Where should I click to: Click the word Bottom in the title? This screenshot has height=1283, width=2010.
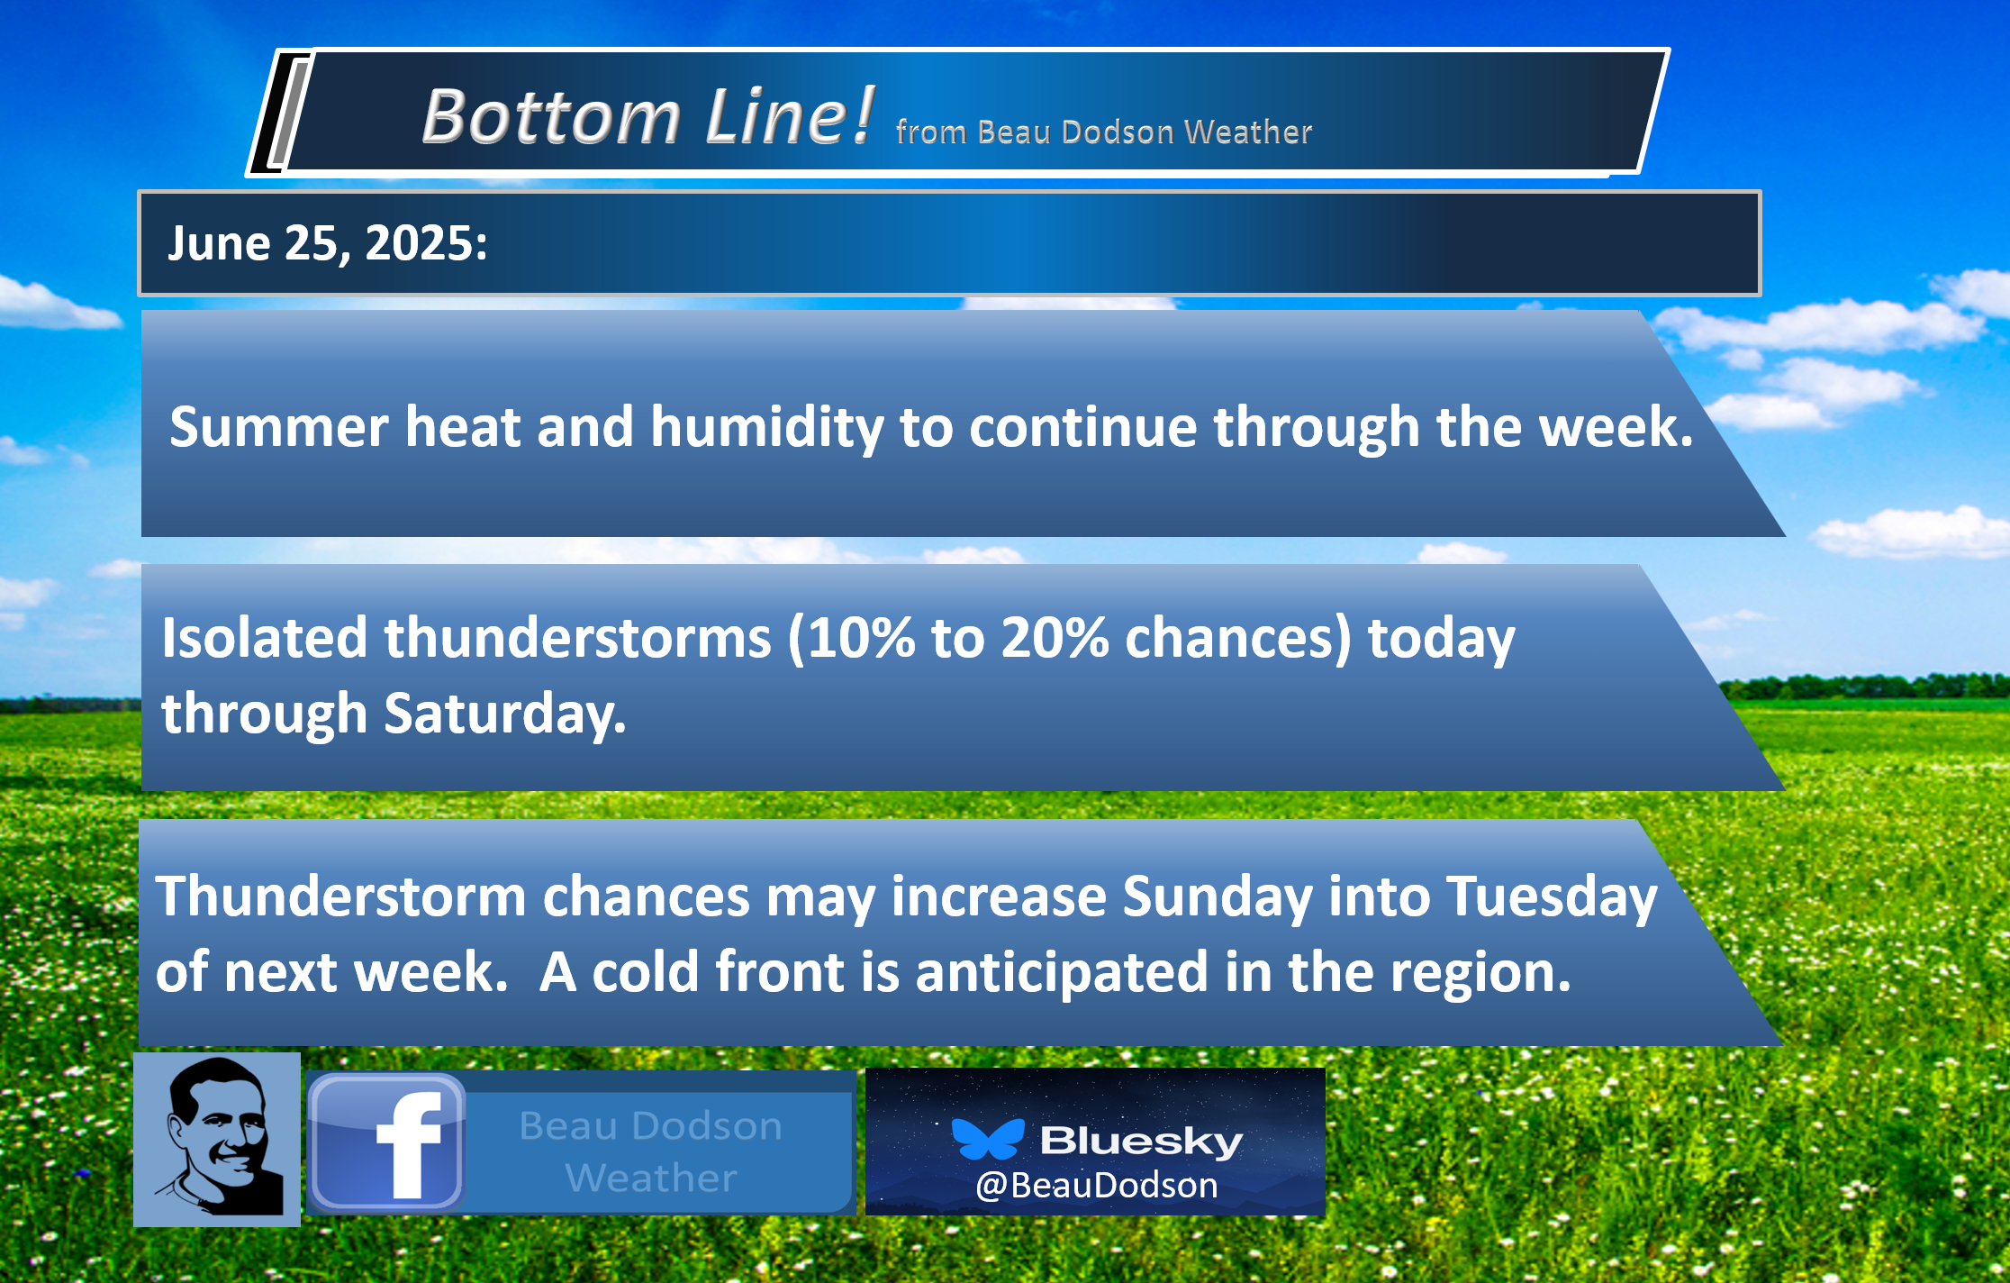[551, 116]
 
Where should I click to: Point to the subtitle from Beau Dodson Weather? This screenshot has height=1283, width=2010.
[1104, 132]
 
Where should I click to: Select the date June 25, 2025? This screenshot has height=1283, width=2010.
[328, 243]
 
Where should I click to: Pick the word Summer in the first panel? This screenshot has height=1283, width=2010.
[279, 427]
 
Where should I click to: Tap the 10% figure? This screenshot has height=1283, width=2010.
[859, 638]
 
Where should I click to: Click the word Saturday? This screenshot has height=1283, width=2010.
[505, 714]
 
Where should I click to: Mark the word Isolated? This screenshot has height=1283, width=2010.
[265, 638]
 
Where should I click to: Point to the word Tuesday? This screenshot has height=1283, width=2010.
[1552, 897]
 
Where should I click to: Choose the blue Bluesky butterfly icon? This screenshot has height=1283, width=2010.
[988, 1139]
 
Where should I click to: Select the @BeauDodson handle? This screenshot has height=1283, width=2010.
[1097, 1186]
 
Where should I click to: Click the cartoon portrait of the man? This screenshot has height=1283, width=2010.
[217, 1140]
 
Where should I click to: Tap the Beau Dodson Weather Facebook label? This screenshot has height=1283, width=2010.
[651, 1151]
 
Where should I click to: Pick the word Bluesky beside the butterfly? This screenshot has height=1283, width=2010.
[1142, 1142]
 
